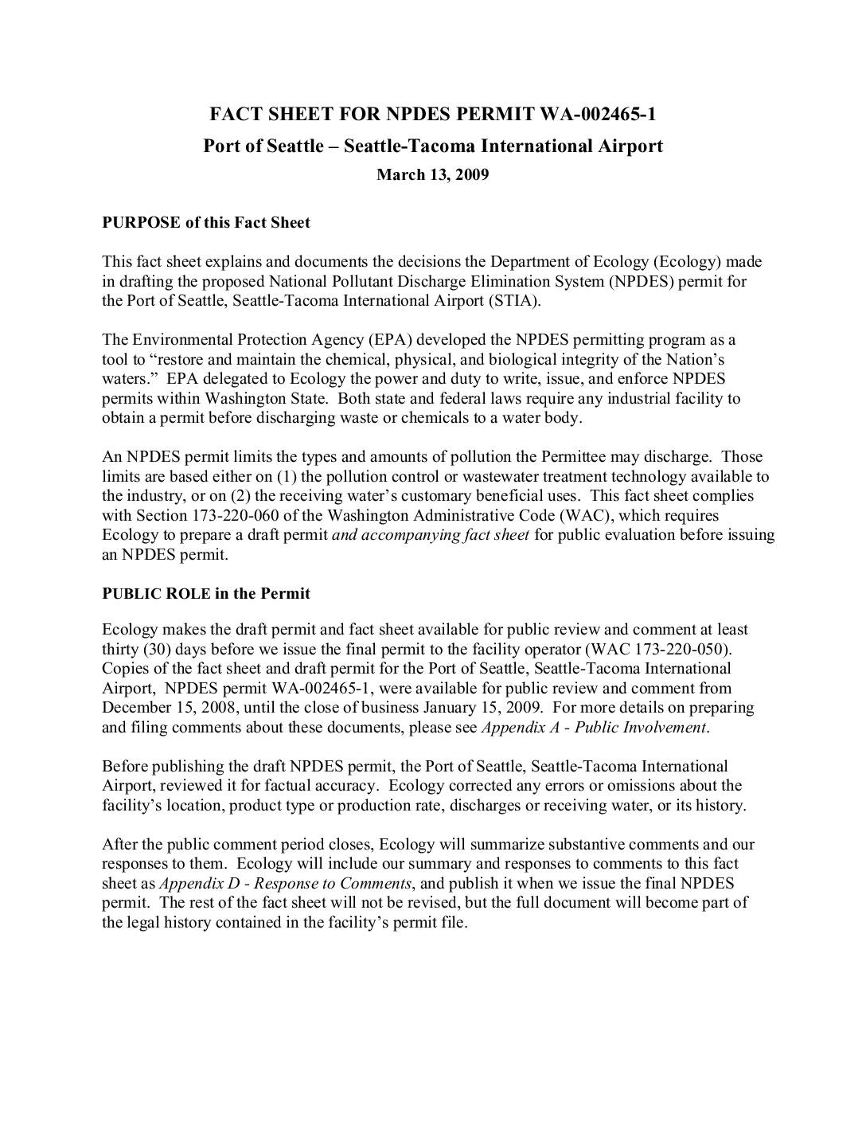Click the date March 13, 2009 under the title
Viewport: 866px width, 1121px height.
[432, 174]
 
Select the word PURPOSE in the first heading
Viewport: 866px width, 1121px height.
[142, 222]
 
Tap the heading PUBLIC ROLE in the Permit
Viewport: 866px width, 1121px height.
[206, 593]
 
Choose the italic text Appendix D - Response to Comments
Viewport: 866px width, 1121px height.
[286, 883]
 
